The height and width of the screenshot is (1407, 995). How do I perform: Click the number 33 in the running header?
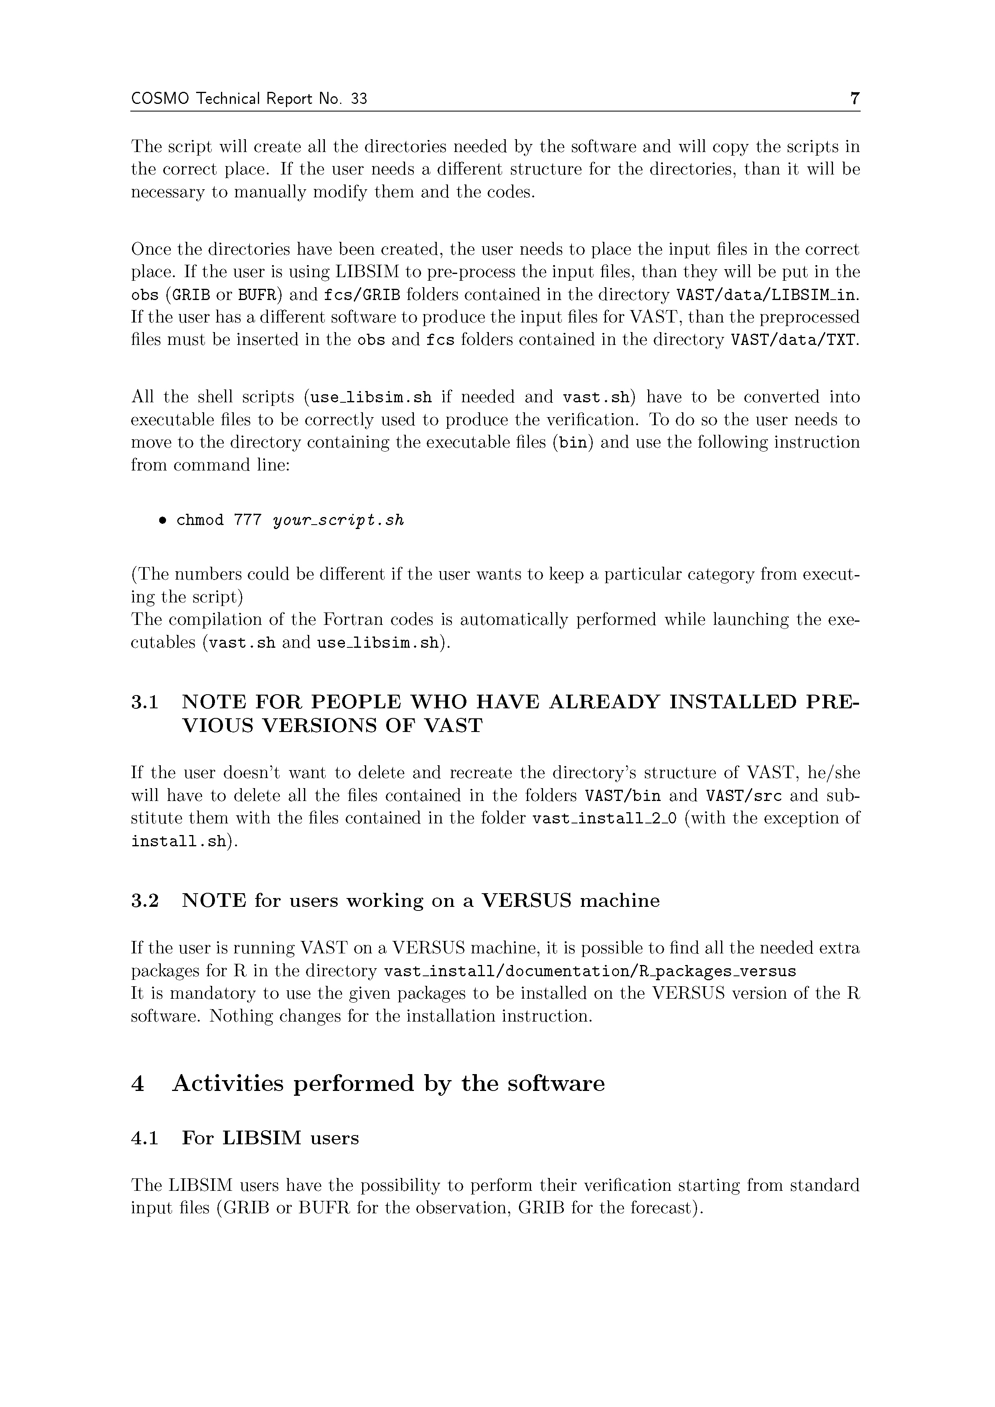(359, 99)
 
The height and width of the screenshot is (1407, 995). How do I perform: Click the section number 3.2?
(145, 901)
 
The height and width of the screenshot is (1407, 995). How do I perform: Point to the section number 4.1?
(145, 1139)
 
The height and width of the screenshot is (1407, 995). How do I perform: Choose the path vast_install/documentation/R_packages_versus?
(590, 972)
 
